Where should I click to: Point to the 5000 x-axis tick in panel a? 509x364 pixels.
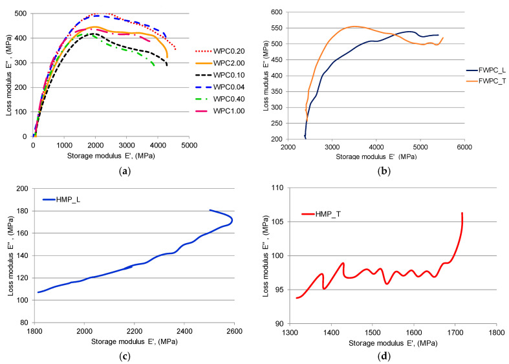(189, 146)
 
